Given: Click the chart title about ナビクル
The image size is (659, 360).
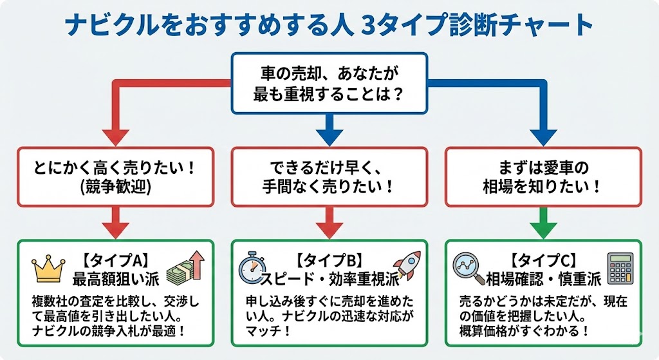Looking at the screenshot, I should (329, 25).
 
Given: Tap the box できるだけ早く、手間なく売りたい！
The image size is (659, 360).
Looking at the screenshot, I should (329, 177).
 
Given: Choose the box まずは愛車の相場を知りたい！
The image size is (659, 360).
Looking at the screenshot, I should (544, 177).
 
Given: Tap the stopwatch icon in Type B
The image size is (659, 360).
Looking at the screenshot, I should (252, 269).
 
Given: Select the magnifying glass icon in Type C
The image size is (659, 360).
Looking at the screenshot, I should (469, 269).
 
